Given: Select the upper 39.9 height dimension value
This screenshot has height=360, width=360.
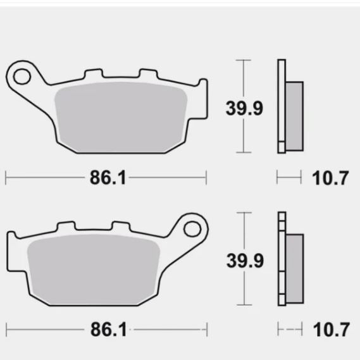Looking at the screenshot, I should (245, 108).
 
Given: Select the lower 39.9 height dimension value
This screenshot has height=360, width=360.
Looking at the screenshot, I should (245, 259).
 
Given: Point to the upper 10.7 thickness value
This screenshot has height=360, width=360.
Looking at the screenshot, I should (330, 178).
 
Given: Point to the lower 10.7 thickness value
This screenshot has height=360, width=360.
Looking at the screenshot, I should (330, 330).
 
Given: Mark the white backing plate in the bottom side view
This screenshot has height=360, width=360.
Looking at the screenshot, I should (281, 259).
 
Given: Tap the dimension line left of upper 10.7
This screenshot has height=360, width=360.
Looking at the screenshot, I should (289, 178).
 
